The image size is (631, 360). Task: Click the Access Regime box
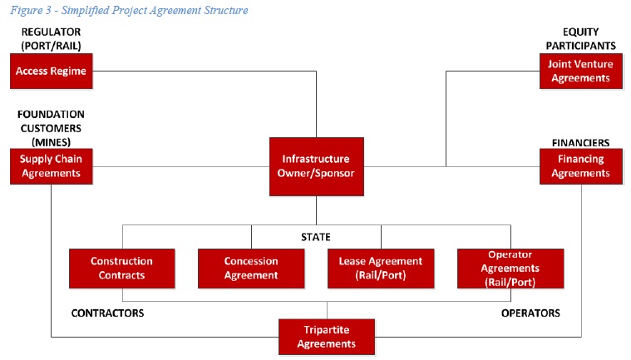52,72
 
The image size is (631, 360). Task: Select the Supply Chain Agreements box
52,166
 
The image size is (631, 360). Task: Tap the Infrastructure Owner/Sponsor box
316,166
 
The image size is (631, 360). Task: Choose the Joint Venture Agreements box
580,72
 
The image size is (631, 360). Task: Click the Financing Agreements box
580,166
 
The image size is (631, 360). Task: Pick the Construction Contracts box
122,269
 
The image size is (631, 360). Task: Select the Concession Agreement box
251,269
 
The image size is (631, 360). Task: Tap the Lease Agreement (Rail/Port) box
381,269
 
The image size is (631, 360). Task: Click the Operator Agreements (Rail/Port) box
510,269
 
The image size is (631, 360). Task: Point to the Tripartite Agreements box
327,337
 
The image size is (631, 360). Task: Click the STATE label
316,237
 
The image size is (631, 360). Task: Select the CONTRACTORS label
107,313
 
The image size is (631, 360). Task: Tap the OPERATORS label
530,313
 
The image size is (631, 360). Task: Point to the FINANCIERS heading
580,143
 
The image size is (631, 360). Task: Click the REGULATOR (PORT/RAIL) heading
51,39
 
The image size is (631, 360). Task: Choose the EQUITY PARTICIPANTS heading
580,38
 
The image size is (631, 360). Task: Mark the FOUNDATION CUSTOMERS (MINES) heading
51,128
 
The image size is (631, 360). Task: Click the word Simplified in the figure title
85,11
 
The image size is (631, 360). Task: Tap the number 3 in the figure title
48,10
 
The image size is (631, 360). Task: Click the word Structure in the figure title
226,10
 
